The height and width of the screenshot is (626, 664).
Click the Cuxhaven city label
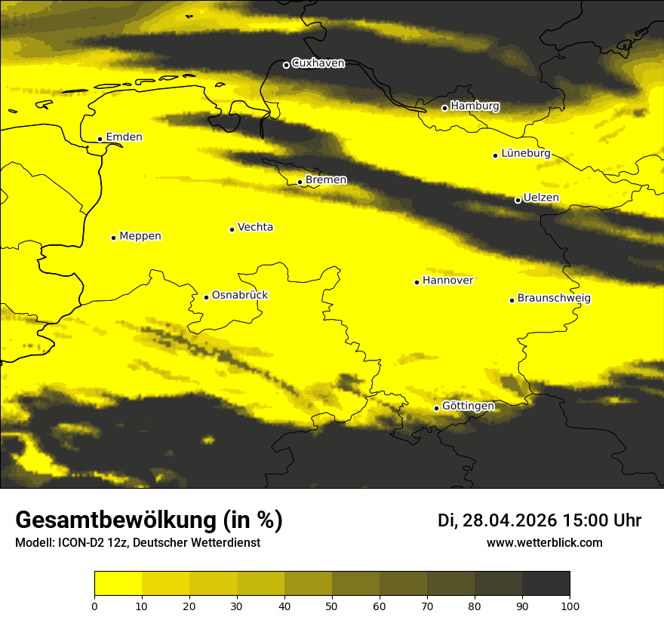click(318, 63)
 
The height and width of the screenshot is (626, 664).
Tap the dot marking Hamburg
click(444, 108)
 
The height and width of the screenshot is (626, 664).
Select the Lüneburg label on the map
click(526, 154)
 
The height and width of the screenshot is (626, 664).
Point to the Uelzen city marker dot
click(518, 200)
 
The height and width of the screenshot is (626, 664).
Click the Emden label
click(124, 137)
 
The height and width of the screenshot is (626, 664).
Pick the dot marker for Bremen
click(300, 182)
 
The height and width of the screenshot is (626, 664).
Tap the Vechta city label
click(255, 227)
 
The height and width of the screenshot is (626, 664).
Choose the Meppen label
click(140, 236)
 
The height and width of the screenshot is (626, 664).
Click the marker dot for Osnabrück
click(206, 297)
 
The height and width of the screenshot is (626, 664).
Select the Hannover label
click(448, 281)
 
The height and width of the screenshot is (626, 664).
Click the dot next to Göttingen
click(436, 408)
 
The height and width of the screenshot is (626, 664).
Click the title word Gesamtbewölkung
click(114, 520)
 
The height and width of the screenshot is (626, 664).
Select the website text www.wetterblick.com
click(545, 543)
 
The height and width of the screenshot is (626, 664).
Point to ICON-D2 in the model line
click(81, 543)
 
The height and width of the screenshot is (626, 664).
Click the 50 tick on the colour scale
click(332, 605)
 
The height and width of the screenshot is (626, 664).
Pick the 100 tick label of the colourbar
click(570, 605)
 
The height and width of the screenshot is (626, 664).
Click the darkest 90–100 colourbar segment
click(546, 584)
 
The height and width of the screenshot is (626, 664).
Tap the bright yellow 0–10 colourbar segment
click(118, 584)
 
